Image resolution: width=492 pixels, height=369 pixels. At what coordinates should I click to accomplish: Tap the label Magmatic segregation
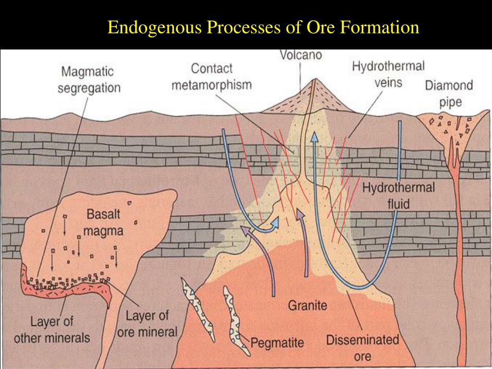pyautogui.click(x=89, y=80)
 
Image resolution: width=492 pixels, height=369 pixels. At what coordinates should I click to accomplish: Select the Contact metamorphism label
pyautogui.click(x=211, y=76)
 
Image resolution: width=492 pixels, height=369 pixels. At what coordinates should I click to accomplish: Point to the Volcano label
pyautogui.click(x=301, y=55)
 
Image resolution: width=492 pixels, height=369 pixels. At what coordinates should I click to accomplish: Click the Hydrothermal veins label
pyautogui.click(x=388, y=74)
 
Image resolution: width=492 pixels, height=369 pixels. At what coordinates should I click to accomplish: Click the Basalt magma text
pyautogui.click(x=104, y=221)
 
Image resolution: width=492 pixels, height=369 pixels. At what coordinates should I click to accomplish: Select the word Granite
pyautogui.click(x=307, y=305)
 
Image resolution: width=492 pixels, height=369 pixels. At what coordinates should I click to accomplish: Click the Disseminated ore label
pyautogui.click(x=363, y=348)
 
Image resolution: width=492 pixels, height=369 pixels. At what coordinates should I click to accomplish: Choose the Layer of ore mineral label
pyautogui.click(x=148, y=323)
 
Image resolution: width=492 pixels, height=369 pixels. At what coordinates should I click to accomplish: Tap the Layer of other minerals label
pyautogui.click(x=51, y=329)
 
